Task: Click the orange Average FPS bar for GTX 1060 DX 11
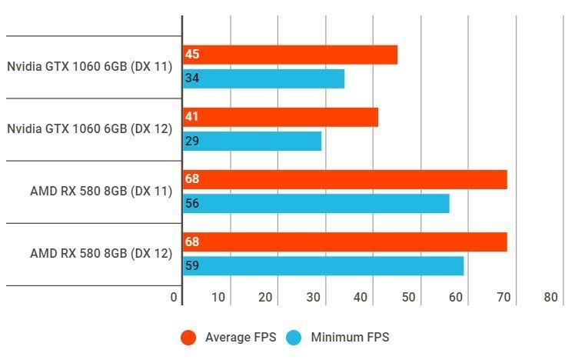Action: tap(290, 55)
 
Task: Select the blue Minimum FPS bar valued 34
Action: tap(263, 78)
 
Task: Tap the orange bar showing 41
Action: tap(280, 117)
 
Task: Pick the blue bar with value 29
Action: tap(252, 141)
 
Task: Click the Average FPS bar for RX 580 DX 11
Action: tap(344, 179)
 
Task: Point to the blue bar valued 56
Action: tap(316, 203)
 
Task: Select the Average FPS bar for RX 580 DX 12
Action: tap(344, 242)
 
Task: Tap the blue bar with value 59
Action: tap(323, 265)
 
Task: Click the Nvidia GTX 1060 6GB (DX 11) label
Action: tap(89, 67)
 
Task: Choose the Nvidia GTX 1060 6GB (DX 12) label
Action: tap(89, 129)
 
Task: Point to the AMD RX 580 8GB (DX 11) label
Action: tap(101, 191)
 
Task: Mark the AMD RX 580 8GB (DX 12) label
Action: tap(101, 253)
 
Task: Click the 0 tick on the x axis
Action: tap(175, 298)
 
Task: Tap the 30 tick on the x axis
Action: tap(313, 298)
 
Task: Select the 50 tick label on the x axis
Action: tap(408, 298)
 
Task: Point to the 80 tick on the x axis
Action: tap(550, 298)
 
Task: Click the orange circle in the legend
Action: tap(188, 337)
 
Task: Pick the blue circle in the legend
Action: tap(294, 337)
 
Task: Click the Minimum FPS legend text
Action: tap(350, 337)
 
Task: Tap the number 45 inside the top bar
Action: tap(192, 55)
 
